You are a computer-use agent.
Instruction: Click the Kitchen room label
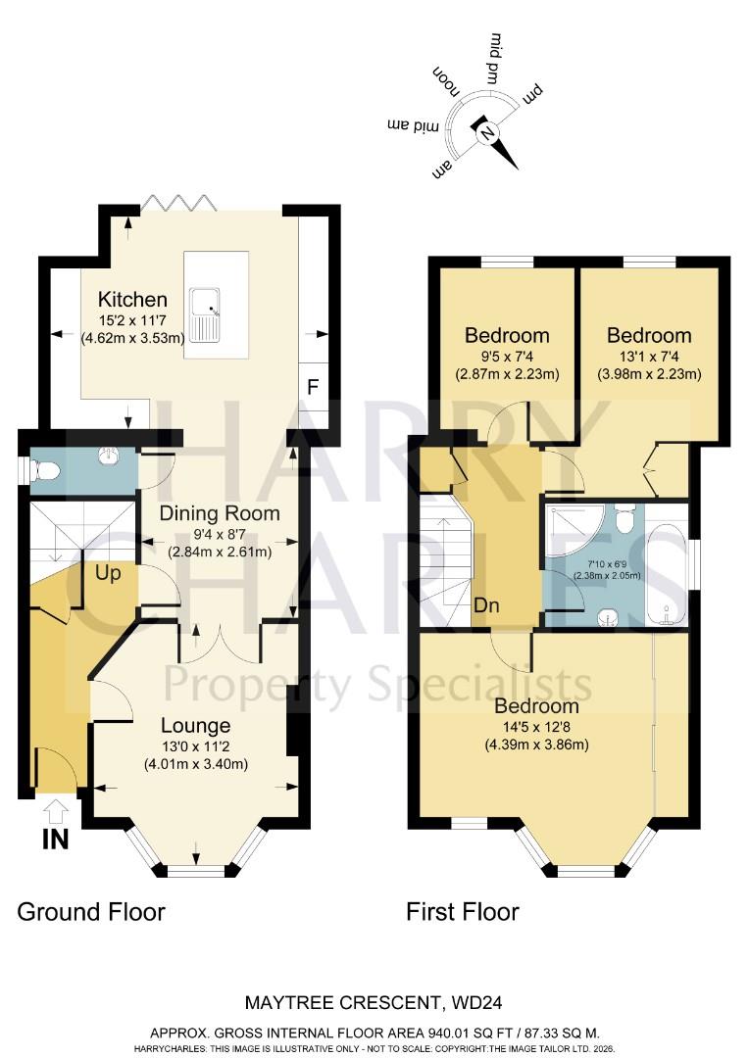131,300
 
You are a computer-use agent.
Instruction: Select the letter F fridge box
313,385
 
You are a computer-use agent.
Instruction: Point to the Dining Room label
220,513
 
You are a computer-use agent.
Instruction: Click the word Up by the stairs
109,574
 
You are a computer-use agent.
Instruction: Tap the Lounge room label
196,726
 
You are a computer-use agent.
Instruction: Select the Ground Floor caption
91,912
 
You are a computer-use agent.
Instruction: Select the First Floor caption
463,912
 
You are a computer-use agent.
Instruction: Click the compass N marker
486,131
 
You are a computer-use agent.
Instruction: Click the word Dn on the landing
486,605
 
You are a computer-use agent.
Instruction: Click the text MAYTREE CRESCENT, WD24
374,1003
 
